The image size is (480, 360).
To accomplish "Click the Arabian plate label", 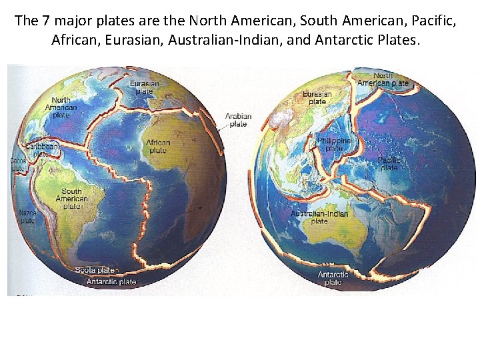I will click(238, 120).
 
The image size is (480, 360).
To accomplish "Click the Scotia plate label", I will click(95, 270).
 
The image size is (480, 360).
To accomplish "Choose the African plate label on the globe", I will click(158, 146).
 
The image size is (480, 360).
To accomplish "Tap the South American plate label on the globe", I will click(71, 199).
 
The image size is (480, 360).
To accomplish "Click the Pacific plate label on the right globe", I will click(389, 163).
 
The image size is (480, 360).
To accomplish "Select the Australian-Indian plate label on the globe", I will click(319, 217).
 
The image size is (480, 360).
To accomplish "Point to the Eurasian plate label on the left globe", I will click(145, 87).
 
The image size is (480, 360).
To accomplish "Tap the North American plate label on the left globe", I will click(61, 107).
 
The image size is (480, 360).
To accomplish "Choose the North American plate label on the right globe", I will click(383, 79).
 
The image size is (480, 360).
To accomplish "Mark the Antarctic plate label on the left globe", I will click(111, 282).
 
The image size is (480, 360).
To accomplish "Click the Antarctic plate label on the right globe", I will click(333, 278).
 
